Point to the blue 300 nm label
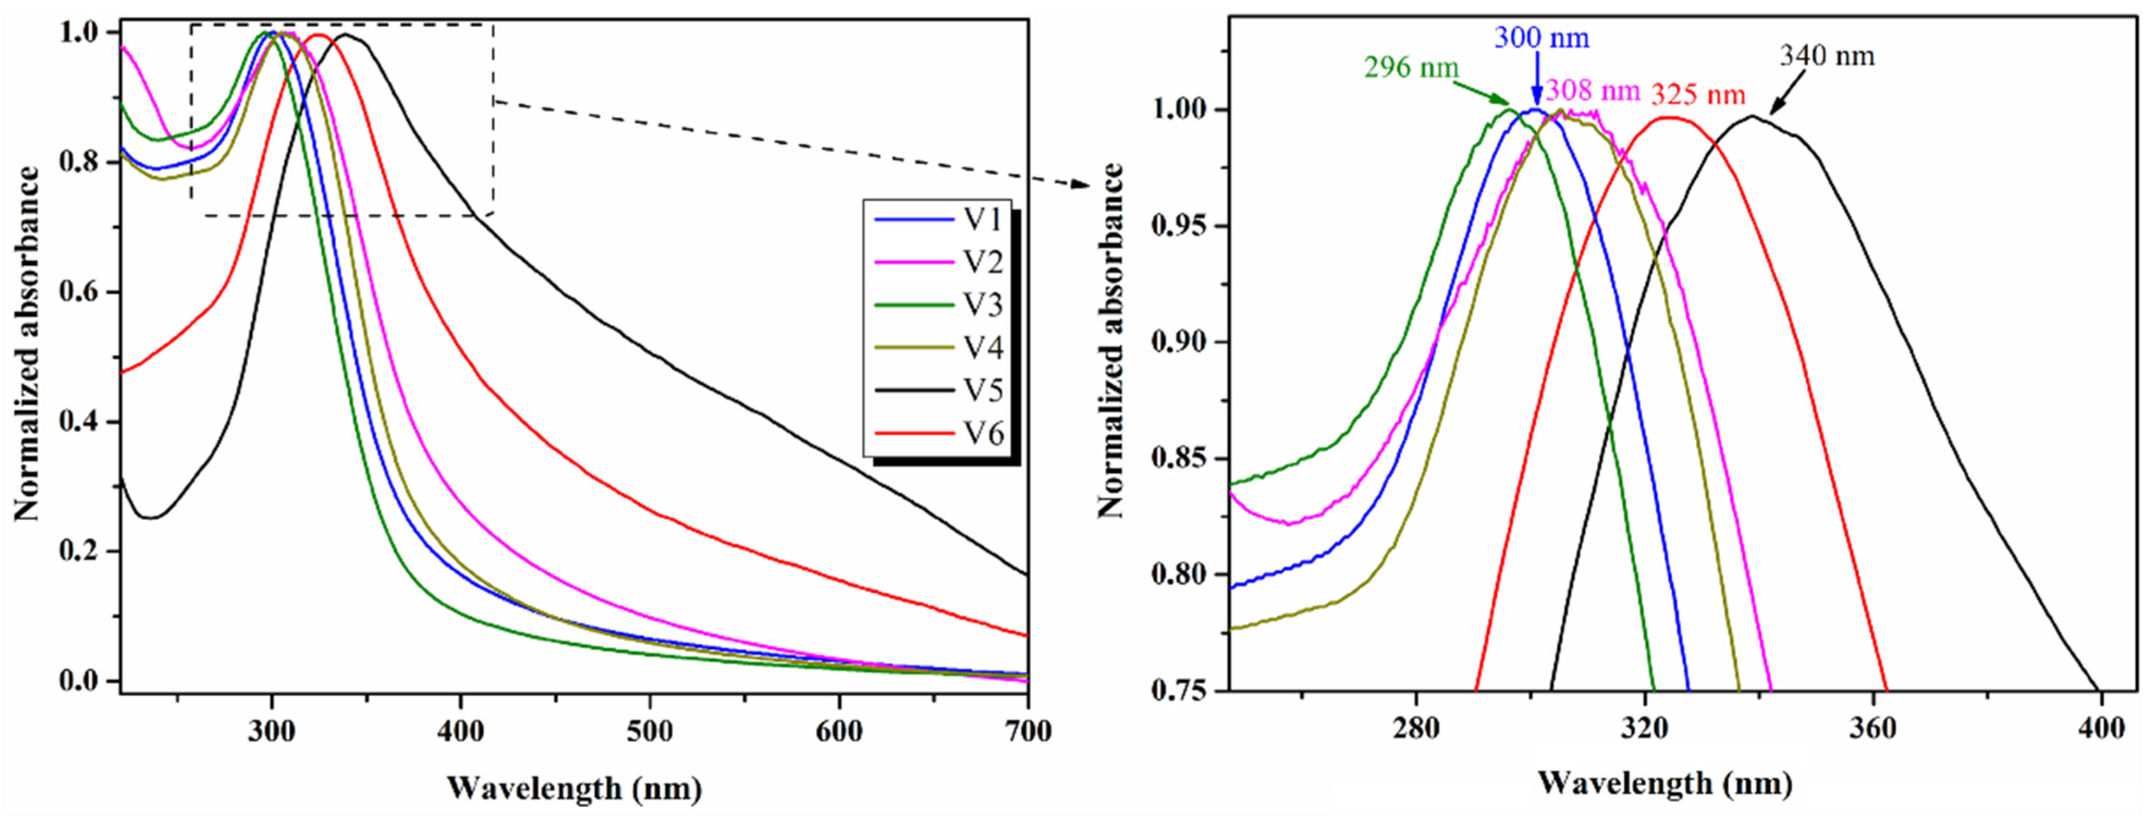click(x=1541, y=39)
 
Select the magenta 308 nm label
click(x=1592, y=90)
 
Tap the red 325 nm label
click(x=1698, y=95)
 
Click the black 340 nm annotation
click(x=1827, y=56)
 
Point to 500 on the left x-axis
click(x=649, y=731)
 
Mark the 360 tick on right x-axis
click(x=1872, y=729)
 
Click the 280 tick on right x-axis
click(x=1415, y=729)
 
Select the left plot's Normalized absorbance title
click(x=27, y=343)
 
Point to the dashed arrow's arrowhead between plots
click(x=1083, y=184)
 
